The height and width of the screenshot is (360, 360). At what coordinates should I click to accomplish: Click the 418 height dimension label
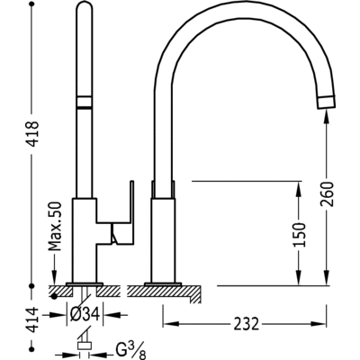pyautogui.click(x=33, y=134)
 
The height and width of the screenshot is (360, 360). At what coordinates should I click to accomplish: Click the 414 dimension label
pyautogui.click(x=33, y=319)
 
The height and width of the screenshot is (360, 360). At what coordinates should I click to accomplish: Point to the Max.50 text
pyautogui.click(x=55, y=226)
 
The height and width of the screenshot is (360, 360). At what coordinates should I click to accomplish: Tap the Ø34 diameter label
pyautogui.click(x=85, y=314)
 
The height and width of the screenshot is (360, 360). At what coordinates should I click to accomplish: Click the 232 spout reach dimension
pyautogui.click(x=246, y=324)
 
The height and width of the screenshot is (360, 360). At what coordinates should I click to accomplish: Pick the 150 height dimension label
pyautogui.click(x=299, y=235)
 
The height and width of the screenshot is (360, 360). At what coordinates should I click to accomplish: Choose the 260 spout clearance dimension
pyautogui.click(x=327, y=193)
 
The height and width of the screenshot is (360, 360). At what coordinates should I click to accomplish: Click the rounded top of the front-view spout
pyautogui.click(x=84, y=6)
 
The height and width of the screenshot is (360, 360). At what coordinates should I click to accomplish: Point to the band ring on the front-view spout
pyautogui.click(x=84, y=102)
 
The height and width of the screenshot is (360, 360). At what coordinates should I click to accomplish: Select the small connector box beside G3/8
pyautogui.click(x=84, y=346)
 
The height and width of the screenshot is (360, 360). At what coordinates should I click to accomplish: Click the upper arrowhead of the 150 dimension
pyautogui.click(x=299, y=190)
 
